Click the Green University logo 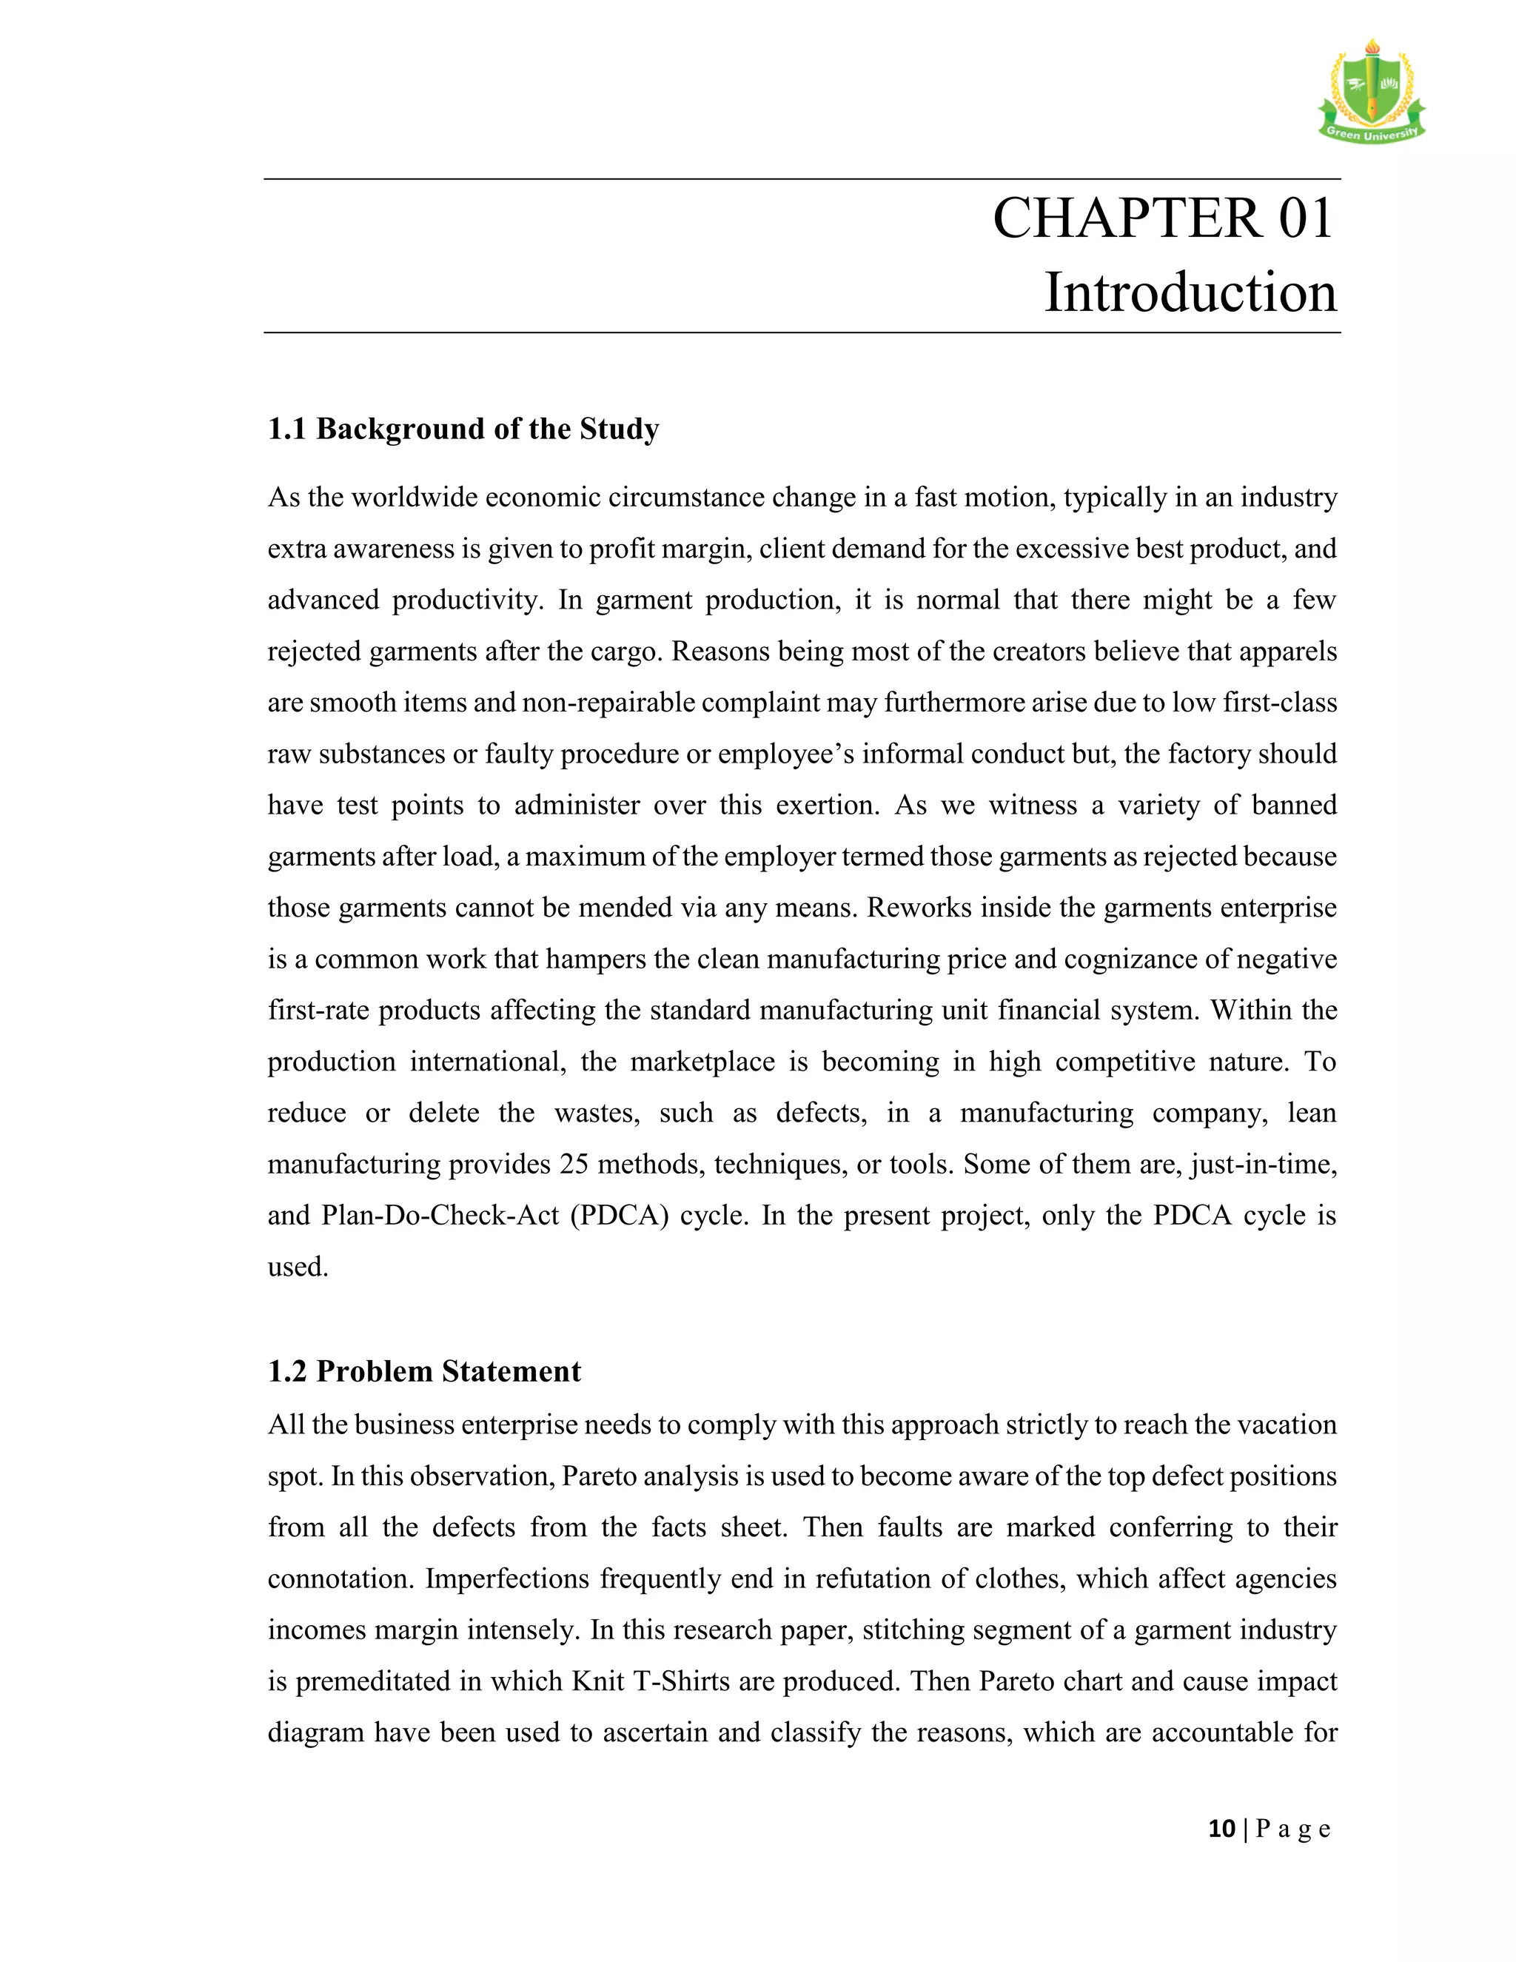click(x=1372, y=93)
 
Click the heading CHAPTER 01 click(x=1163, y=218)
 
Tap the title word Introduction click(x=1190, y=293)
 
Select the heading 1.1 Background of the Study click(x=463, y=429)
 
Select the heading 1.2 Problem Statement click(x=424, y=1372)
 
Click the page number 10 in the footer click(x=1221, y=1829)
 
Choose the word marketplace click(x=702, y=1062)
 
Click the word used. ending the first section click(x=298, y=1268)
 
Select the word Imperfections click(x=506, y=1579)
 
